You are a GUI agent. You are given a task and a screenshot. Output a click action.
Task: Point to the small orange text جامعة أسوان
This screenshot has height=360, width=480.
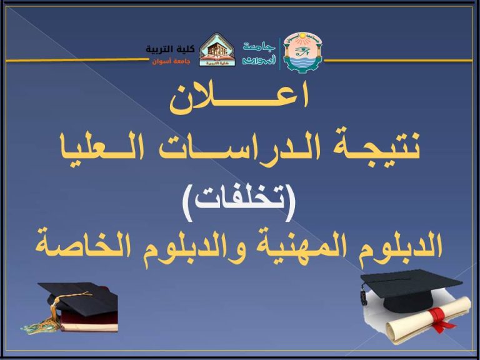[x=171, y=62]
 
